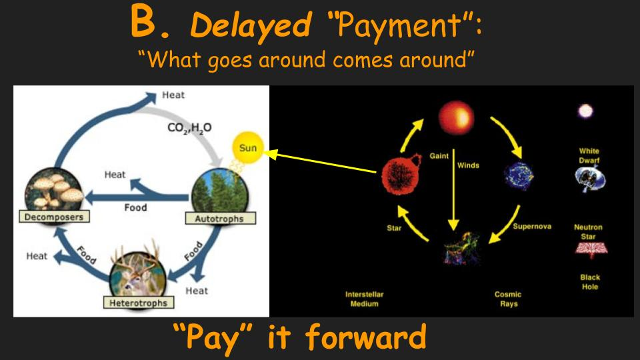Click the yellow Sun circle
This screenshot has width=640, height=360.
[x=248, y=147]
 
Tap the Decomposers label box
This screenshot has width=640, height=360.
[x=54, y=217]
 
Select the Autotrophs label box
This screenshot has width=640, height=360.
[x=221, y=219]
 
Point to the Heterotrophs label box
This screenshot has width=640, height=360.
[x=139, y=303]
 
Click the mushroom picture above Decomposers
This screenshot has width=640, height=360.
[x=54, y=191]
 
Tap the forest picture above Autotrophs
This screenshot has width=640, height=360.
[x=220, y=192]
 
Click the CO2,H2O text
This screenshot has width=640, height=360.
[x=189, y=128]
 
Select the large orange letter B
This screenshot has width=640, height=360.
[x=144, y=22]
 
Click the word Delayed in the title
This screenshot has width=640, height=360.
[x=251, y=25]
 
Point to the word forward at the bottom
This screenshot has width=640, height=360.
[x=366, y=337]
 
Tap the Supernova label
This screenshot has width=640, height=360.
[x=532, y=226]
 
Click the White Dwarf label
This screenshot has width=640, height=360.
[x=589, y=155]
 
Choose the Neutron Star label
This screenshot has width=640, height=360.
[x=588, y=232]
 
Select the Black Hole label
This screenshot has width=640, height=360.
[x=590, y=281]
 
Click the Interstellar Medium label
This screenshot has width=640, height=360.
[x=364, y=299]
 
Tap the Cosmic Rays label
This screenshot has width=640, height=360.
[x=508, y=299]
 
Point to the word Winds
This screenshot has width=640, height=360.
[x=468, y=165]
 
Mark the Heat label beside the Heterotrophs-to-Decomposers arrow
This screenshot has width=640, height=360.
[x=37, y=256]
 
